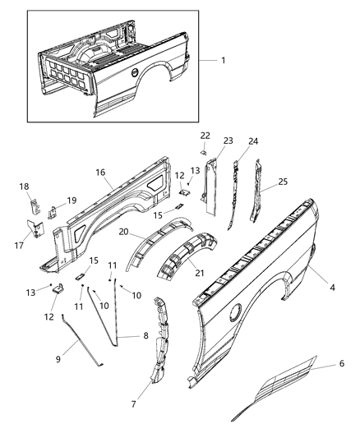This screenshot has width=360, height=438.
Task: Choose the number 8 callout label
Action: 146,336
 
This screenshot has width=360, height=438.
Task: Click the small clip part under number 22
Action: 205,150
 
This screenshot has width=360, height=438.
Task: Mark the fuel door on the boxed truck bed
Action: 134,74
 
